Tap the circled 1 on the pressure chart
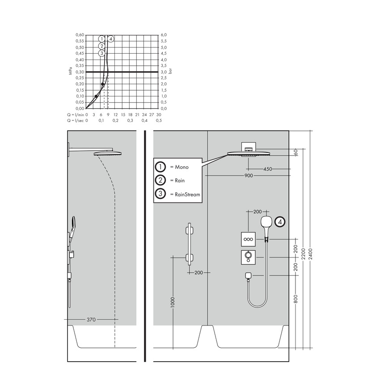coord(102,39)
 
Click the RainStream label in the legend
coord(185,194)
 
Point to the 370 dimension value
coord(91,320)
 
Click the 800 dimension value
coord(296,298)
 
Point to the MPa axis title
coord(71,72)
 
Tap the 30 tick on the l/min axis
coord(158,114)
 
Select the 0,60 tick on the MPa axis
coord(79,34)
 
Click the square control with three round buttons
coord(248,240)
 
